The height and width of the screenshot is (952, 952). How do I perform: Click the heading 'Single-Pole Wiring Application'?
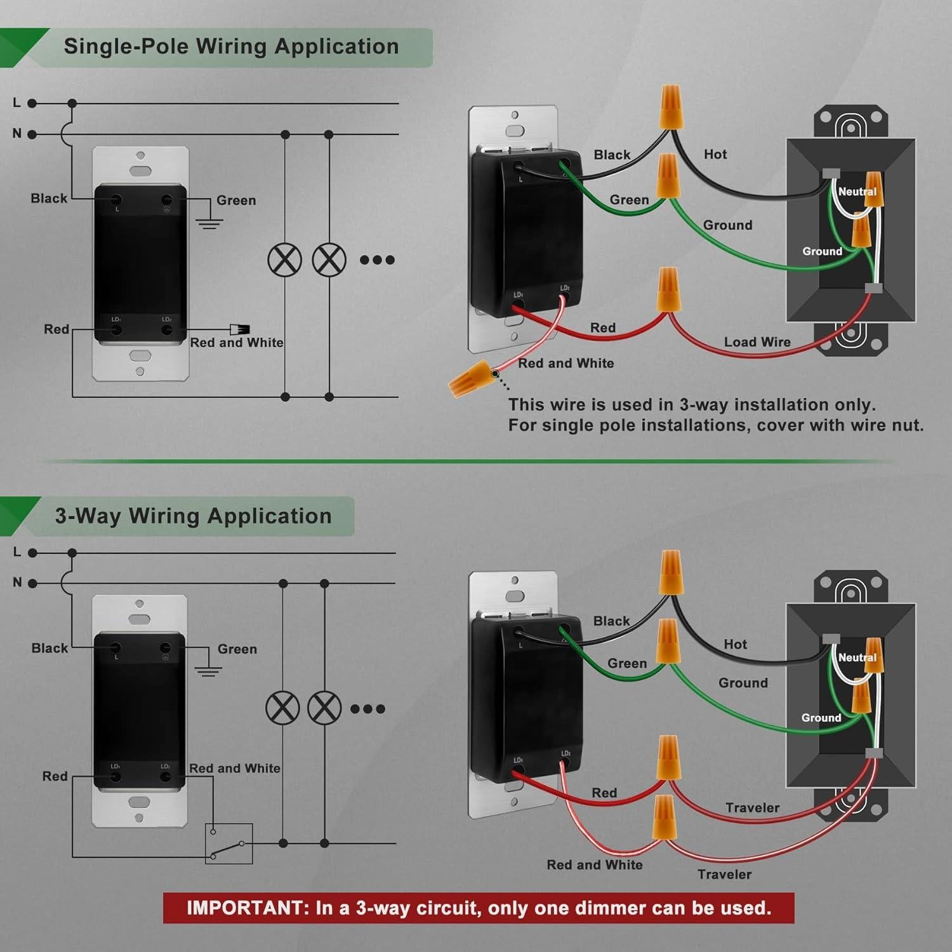coord(231,47)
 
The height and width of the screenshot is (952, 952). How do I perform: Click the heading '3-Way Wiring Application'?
coord(193,516)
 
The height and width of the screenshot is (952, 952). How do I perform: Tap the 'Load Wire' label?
coord(757,342)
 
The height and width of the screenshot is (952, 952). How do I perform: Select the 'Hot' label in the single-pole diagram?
coord(715,154)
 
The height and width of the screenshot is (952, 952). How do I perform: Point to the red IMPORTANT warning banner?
coord(479,908)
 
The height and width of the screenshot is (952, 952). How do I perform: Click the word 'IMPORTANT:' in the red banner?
coord(246,908)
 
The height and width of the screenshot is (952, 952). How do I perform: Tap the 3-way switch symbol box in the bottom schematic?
coord(228,843)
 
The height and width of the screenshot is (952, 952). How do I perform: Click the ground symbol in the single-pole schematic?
coord(209,223)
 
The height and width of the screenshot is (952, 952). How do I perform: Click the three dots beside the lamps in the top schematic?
coord(377,260)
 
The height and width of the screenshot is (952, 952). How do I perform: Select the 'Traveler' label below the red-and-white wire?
coord(724,875)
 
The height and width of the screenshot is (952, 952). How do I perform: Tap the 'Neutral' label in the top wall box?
coord(857,192)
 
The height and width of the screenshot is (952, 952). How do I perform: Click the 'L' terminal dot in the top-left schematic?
coord(32,103)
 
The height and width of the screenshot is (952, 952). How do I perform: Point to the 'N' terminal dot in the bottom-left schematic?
coord(32,583)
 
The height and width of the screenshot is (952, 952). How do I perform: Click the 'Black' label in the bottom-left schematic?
coord(50,648)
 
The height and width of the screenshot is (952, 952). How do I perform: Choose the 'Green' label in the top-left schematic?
coord(236,201)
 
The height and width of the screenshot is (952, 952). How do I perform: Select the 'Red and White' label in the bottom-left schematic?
coord(235,769)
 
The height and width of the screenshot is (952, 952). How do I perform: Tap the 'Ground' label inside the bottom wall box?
coord(821,718)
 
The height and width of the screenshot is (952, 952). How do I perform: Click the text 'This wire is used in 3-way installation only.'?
coord(692,405)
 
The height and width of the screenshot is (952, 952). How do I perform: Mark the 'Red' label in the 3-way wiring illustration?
coord(604,793)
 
